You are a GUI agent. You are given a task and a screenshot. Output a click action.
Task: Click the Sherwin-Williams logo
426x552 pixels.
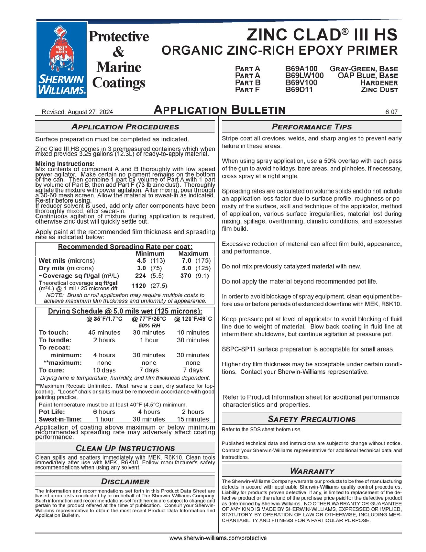61,59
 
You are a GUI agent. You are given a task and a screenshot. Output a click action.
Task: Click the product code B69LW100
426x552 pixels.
304,76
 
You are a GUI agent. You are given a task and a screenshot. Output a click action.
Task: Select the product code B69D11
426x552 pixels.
299,90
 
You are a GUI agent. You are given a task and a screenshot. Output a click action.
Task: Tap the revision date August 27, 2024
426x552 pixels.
90,112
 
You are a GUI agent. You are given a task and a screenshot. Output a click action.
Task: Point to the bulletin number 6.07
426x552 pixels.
392,112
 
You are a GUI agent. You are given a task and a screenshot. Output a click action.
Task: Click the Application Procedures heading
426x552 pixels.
125,127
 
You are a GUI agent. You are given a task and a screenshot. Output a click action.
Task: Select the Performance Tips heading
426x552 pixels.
312,127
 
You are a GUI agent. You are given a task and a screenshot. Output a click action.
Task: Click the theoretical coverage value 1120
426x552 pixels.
139,286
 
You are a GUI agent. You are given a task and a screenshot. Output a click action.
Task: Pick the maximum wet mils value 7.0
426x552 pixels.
186,260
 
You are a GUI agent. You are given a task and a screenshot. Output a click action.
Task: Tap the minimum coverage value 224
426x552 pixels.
141,276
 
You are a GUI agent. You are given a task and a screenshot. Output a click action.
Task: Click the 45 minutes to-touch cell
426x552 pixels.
104,332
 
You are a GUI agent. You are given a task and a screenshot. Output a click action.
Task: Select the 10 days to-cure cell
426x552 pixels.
104,370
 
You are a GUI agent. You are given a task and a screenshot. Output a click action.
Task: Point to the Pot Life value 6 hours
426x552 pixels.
104,412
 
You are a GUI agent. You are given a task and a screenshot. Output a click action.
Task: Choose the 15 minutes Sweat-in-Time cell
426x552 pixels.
193,419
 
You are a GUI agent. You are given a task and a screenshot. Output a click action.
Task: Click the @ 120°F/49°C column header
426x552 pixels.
193,319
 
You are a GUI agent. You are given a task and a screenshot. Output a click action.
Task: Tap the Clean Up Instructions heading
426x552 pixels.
125,448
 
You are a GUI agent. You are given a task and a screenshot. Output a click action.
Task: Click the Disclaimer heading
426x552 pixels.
125,482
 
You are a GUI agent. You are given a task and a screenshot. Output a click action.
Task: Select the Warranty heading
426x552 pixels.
312,471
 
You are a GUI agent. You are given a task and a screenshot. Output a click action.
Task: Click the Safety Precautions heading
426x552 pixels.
312,419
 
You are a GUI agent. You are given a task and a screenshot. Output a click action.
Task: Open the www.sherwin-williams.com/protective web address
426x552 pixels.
218,538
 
